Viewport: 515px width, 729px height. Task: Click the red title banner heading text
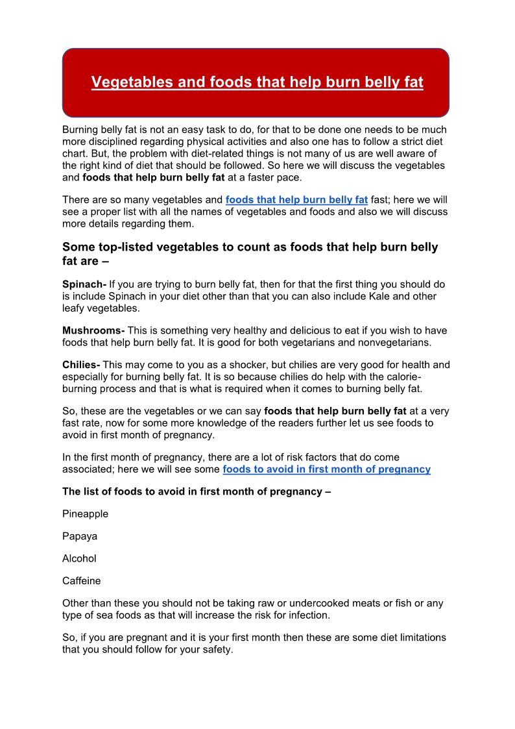click(x=257, y=82)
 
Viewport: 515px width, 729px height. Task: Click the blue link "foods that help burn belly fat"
click(x=296, y=200)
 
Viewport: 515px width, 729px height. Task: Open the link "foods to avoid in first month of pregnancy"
click(x=326, y=469)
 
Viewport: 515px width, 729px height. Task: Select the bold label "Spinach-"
click(x=84, y=284)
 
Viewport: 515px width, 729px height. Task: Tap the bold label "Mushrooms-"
click(x=93, y=330)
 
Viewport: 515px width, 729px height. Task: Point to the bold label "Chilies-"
click(x=81, y=365)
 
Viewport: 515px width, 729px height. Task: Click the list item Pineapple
click(x=85, y=513)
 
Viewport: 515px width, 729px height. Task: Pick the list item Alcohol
click(x=79, y=558)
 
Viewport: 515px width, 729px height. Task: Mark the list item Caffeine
click(x=81, y=581)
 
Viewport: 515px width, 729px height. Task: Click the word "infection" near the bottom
click(x=309, y=615)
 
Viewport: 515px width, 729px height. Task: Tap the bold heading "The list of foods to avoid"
click(x=197, y=491)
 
